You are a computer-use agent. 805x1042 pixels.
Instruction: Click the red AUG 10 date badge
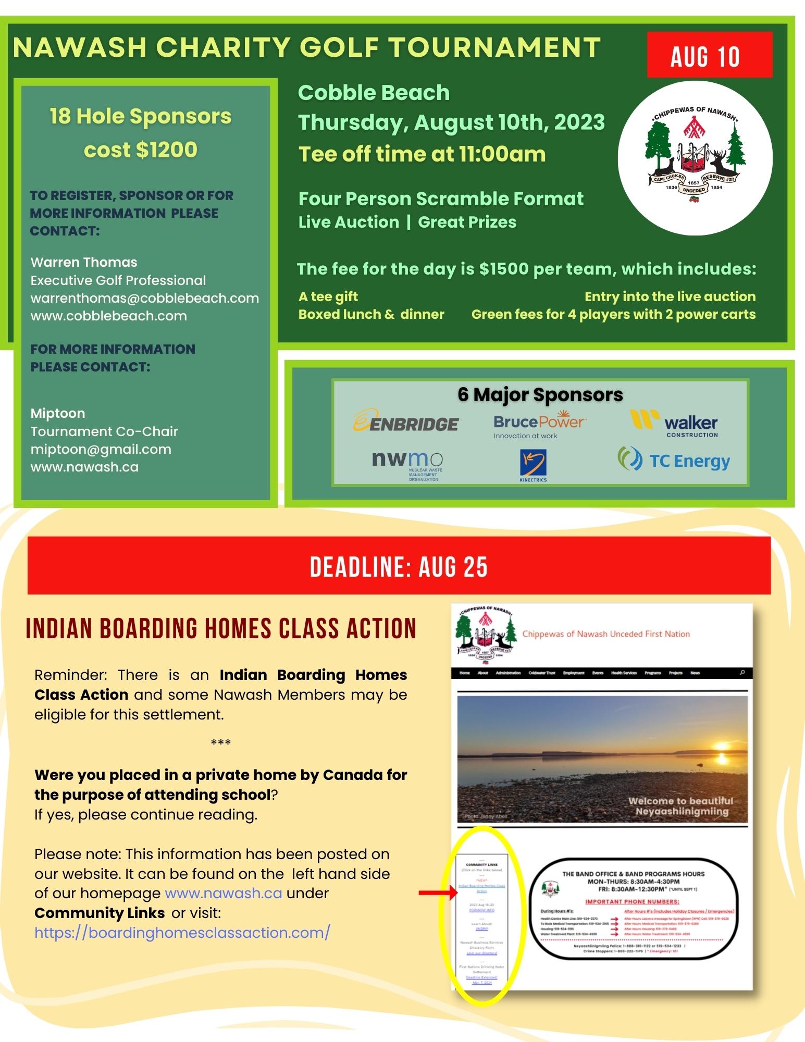pyautogui.click(x=709, y=55)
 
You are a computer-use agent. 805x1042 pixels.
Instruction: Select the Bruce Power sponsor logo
pyautogui.click(x=539, y=425)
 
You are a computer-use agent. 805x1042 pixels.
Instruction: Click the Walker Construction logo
pyautogui.click(x=674, y=424)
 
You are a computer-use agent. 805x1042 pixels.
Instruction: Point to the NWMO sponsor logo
pyautogui.click(x=407, y=464)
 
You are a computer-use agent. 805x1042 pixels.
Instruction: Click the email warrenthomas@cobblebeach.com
pyautogui.click(x=144, y=298)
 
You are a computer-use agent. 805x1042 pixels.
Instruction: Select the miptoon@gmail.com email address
pyautogui.click(x=101, y=449)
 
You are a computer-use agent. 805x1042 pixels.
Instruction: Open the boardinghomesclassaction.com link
pyautogui.click(x=182, y=932)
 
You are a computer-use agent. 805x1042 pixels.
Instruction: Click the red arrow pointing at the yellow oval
pyautogui.click(x=438, y=893)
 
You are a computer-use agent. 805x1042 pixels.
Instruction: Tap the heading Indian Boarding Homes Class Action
pyautogui.click(x=221, y=628)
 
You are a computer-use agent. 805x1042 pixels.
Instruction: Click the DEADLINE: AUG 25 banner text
pyautogui.click(x=399, y=567)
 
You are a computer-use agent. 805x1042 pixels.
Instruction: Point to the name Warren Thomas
pyautogui.click(x=84, y=262)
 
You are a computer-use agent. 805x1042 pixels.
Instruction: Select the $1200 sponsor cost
pyautogui.click(x=166, y=150)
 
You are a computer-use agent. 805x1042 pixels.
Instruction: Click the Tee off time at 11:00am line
pyautogui.click(x=422, y=154)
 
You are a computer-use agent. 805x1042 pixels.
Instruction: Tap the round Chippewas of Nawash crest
pyautogui.click(x=695, y=158)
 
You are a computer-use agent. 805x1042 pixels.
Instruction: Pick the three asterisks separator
pyautogui.click(x=221, y=742)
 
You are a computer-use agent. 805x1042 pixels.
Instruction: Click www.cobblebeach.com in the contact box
pyautogui.click(x=108, y=316)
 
